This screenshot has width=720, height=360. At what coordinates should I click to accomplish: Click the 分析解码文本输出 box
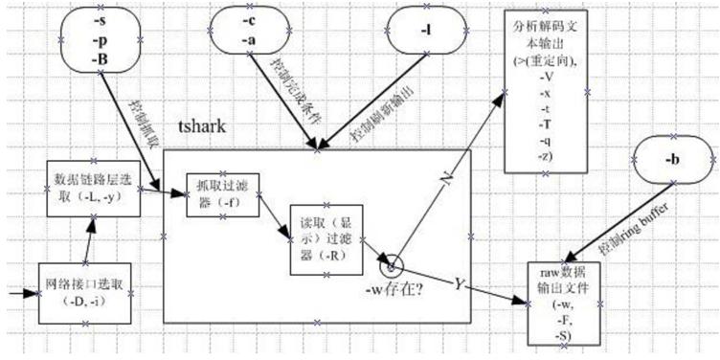tap(543, 91)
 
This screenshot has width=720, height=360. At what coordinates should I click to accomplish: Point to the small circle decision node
tap(392, 260)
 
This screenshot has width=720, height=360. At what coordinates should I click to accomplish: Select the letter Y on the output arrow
tap(459, 283)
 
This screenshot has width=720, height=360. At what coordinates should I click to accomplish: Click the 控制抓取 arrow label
tap(141, 114)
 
